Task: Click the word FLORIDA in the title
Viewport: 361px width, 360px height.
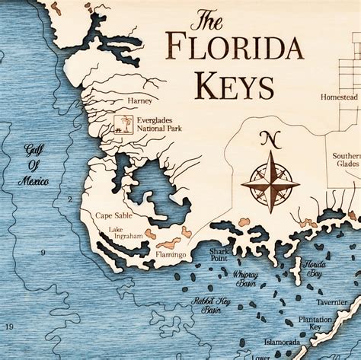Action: coord(233,46)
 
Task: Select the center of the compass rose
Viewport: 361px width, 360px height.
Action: coord(270,181)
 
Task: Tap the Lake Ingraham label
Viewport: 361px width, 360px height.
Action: coord(126,233)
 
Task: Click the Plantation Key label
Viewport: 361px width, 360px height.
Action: coord(315,322)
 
